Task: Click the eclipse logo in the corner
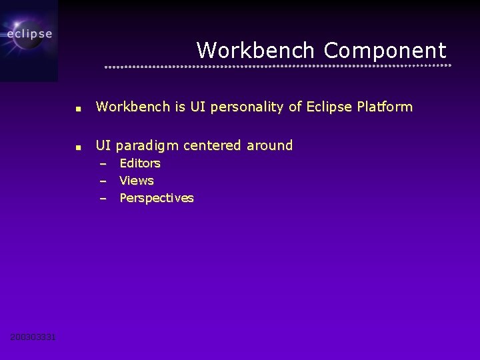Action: click(x=29, y=35)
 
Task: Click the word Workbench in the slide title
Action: click(x=255, y=50)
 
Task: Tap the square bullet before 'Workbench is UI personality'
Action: click(x=78, y=108)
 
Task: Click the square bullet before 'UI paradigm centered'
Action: click(x=78, y=147)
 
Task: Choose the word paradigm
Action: click(x=149, y=145)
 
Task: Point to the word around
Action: click(x=269, y=145)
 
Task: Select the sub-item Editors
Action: click(x=139, y=163)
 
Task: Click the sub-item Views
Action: click(x=136, y=181)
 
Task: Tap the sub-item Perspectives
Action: click(x=156, y=198)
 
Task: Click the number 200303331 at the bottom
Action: click(x=33, y=337)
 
